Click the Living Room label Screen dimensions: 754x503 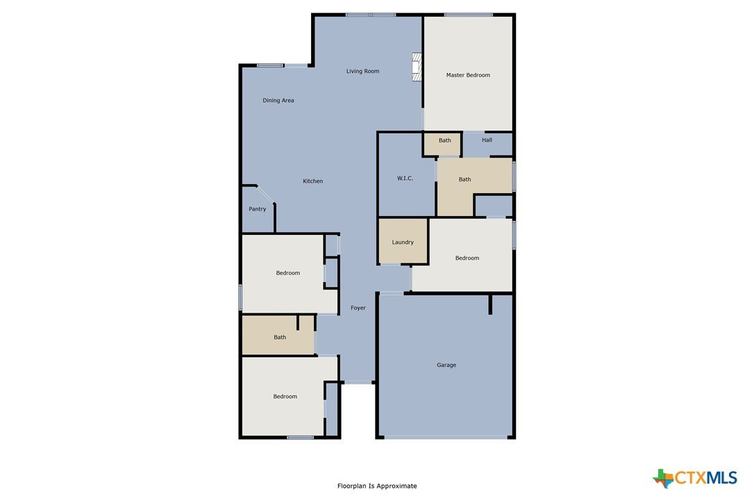[x=362, y=72]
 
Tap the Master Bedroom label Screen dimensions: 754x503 [x=468, y=75]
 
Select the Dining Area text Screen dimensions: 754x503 [x=278, y=101]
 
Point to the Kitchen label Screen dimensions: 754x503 [x=312, y=181]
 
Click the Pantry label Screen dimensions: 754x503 [x=258, y=209]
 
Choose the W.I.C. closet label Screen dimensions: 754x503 [x=405, y=178]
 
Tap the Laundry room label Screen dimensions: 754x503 [x=403, y=242]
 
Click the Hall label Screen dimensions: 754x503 [x=487, y=140]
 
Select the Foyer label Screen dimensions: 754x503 [x=358, y=308]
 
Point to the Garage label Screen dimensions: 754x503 [x=446, y=365]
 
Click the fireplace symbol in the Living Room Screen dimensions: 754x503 [x=417, y=67]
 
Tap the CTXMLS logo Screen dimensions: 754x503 [x=695, y=478]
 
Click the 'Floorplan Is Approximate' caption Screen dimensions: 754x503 [x=377, y=486]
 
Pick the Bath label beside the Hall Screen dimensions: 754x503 [x=445, y=140]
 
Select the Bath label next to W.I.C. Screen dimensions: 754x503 [x=464, y=179]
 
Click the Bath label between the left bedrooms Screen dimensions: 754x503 [x=280, y=338]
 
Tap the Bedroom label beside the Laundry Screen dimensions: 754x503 [x=467, y=258]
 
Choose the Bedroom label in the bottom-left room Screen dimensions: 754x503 [x=285, y=397]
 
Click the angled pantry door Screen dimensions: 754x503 [x=265, y=195]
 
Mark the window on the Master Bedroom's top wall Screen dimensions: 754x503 [x=469, y=15]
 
